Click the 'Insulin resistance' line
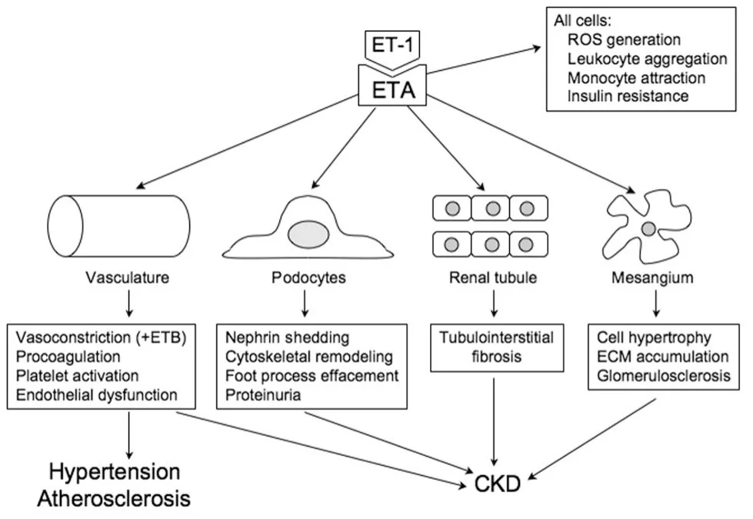(x=628, y=96)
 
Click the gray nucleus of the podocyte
(x=307, y=233)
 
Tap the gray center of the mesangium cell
(x=648, y=228)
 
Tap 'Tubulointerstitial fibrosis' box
(x=491, y=348)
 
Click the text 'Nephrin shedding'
(x=287, y=338)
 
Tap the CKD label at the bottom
(x=496, y=484)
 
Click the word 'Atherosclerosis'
(x=114, y=498)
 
